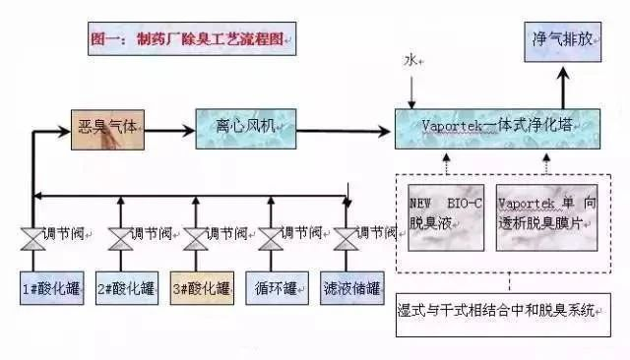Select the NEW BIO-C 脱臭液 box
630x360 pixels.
(x=444, y=215)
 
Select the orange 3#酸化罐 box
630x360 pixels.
(x=202, y=288)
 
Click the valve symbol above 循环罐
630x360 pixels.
(x=270, y=237)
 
